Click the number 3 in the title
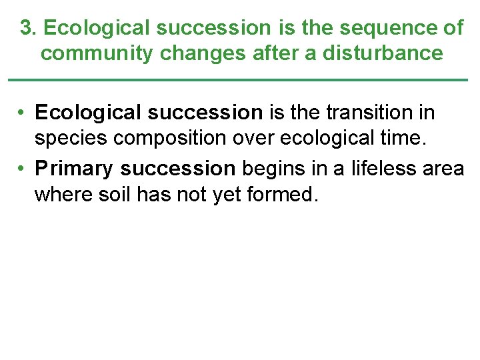[25, 28]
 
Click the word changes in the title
[203, 53]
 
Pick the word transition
[373, 113]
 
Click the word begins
[271, 168]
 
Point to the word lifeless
[373, 168]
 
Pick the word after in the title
[275, 53]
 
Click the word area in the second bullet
[443, 168]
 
